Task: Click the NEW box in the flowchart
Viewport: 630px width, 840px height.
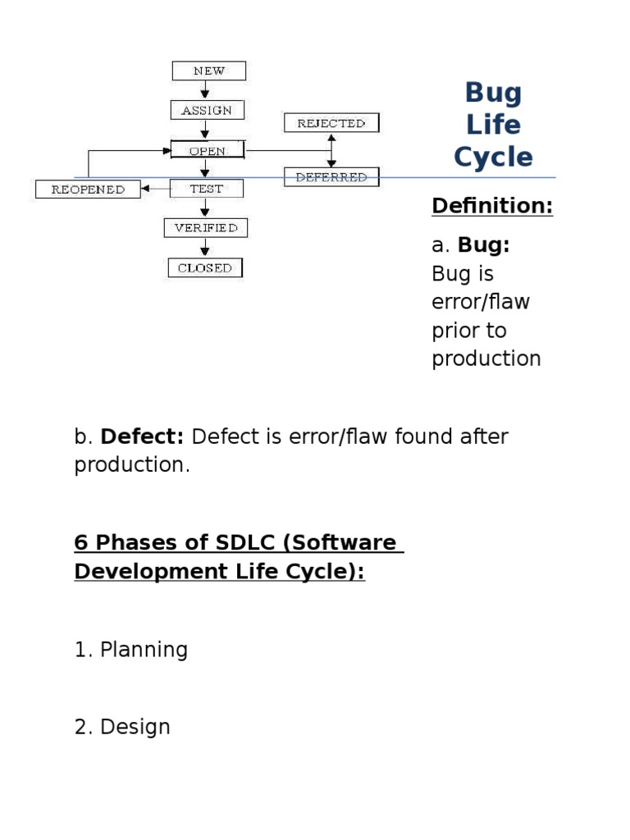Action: click(x=209, y=71)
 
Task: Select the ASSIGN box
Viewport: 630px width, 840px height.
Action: click(x=208, y=110)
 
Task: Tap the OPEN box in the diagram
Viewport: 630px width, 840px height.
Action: click(x=208, y=150)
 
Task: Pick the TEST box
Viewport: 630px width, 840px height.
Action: click(x=206, y=189)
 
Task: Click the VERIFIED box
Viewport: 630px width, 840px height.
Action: click(x=206, y=228)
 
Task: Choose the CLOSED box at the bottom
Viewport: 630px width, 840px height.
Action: click(x=205, y=268)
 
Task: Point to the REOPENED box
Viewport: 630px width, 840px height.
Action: click(x=88, y=189)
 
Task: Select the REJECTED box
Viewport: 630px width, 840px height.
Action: click(x=331, y=123)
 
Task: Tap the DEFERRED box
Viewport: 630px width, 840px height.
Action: click(x=331, y=177)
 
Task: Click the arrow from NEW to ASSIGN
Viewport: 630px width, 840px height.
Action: click(x=204, y=90)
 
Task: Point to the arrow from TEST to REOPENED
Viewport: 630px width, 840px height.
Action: click(x=155, y=189)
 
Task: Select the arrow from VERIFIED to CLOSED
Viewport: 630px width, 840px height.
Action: click(x=204, y=248)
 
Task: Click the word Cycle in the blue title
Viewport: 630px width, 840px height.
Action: click(x=493, y=157)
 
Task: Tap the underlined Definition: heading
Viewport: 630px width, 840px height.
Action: click(x=492, y=206)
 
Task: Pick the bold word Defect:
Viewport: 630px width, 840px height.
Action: click(x=142, y=436)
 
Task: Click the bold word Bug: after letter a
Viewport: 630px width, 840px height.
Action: click(x=483, y=245)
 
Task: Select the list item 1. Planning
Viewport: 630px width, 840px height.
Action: click(x=131, y=650)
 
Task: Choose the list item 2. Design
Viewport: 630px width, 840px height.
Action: click(x=122, y=727)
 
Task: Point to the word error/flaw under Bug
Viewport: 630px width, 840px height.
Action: click(x=481, y=302)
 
